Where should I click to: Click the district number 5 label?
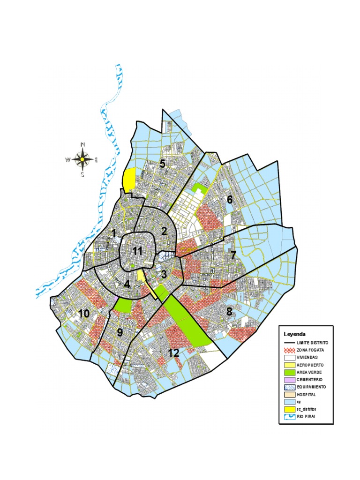click(162, 164)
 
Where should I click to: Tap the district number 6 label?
click(230, 199)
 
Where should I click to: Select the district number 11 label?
click(137, 251)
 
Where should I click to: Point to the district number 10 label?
click(84, 314)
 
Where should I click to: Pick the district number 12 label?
click(174, 353)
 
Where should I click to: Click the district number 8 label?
click(230, 312)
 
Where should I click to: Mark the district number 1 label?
click(113, 233)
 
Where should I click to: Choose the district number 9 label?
click(120, 332)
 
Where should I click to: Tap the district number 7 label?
click(233, 256)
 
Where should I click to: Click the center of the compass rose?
click(82, 159)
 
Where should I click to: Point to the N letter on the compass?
click(83, 144)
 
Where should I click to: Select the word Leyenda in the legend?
click(294, 334)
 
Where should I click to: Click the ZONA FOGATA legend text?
click(310, 350)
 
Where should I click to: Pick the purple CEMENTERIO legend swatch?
click(288, 379)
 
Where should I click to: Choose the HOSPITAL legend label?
click(306, 394)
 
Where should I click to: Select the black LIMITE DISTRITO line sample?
click(288, 343)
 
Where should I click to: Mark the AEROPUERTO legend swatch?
click(288, 365)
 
